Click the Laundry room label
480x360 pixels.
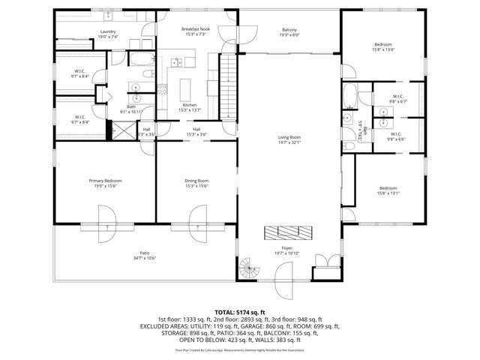[107, 32]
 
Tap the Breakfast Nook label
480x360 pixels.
[196, 29]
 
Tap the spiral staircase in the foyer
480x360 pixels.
[249, 266]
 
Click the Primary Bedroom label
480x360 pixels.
[105, 181]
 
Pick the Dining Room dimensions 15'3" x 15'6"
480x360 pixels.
[196, 185]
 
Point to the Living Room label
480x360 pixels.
[289, 137]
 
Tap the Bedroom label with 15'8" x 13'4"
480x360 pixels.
[383, 46]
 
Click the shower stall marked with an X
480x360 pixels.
[119, 133]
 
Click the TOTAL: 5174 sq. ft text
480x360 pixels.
[240, 311]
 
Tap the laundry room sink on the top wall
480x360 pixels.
[107, 15]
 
